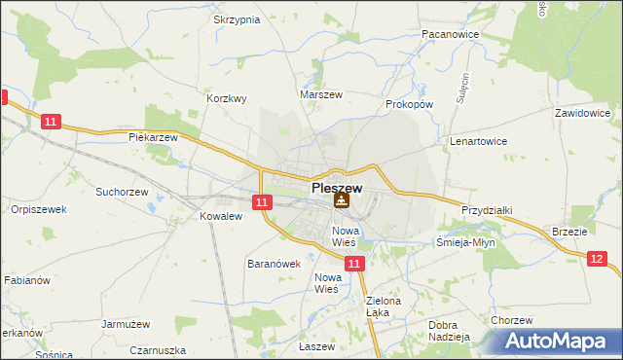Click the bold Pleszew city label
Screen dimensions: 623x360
(x=337, y=187)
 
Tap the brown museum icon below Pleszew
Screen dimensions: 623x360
(x=341, y=201)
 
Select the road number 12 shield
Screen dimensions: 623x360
(x=597, y=258)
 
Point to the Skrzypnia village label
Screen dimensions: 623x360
(x=236, y=19)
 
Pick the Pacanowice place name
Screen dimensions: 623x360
(x=449, y=33)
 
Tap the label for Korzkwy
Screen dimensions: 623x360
(x=227, y=98)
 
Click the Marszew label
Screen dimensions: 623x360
(x=321, y=95)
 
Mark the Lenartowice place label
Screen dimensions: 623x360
(x=478, y=141)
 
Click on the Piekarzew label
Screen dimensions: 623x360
(x=153, y=137)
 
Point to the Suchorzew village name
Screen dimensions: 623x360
(x=121, y=192)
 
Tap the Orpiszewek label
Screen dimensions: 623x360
(x=38, y=209)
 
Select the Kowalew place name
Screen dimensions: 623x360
(x=220, y=216)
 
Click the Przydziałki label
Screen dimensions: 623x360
(x=487, y=210)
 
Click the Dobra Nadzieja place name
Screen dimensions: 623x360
(x=449, y=331)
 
